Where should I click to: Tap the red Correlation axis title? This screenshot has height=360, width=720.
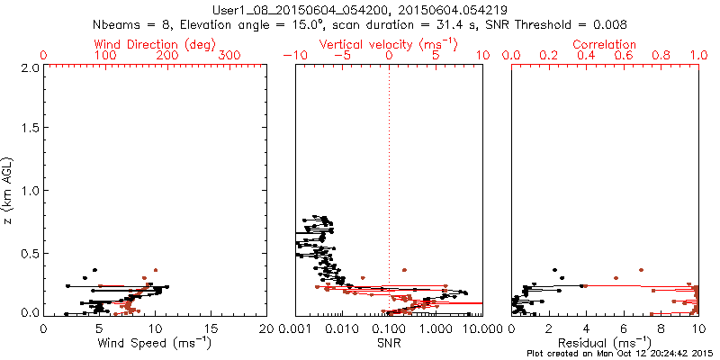tap(605, 43)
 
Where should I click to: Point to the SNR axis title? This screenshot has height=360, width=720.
tap(389, 343)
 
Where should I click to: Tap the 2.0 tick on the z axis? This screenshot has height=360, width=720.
tap(29, 68)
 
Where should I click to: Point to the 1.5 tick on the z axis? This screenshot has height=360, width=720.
tap(29, 130)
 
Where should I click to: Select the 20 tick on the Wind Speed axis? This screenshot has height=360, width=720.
tap(266, 329)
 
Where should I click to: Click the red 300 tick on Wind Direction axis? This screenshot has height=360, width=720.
tap(230, 56)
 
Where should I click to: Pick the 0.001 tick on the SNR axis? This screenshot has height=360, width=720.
tap(295, 329)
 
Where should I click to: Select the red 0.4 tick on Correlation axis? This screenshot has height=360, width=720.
tap(586, 56)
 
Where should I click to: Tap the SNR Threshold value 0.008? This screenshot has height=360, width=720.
tap(610, 25)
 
